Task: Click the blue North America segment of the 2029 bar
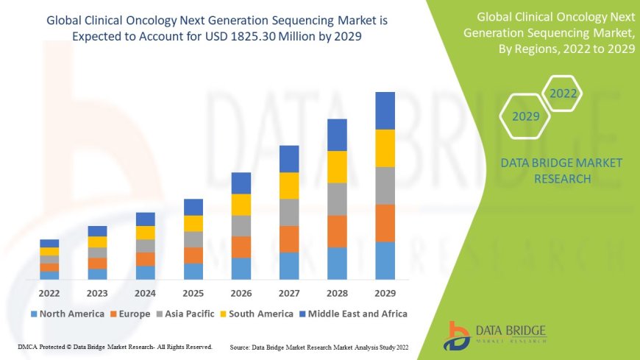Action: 385,261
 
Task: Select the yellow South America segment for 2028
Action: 337,167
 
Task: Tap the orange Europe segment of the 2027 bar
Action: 289,239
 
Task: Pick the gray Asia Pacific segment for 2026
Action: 241,225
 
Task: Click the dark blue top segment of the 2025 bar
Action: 193,207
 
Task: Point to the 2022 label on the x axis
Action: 49,292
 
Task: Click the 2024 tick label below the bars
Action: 145,292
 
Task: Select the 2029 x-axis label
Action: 385,292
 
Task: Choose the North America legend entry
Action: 67,314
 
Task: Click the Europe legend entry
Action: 130,314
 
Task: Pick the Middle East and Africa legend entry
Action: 353,314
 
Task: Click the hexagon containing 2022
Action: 563,93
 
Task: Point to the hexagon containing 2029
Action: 526,116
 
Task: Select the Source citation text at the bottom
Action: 320,346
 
